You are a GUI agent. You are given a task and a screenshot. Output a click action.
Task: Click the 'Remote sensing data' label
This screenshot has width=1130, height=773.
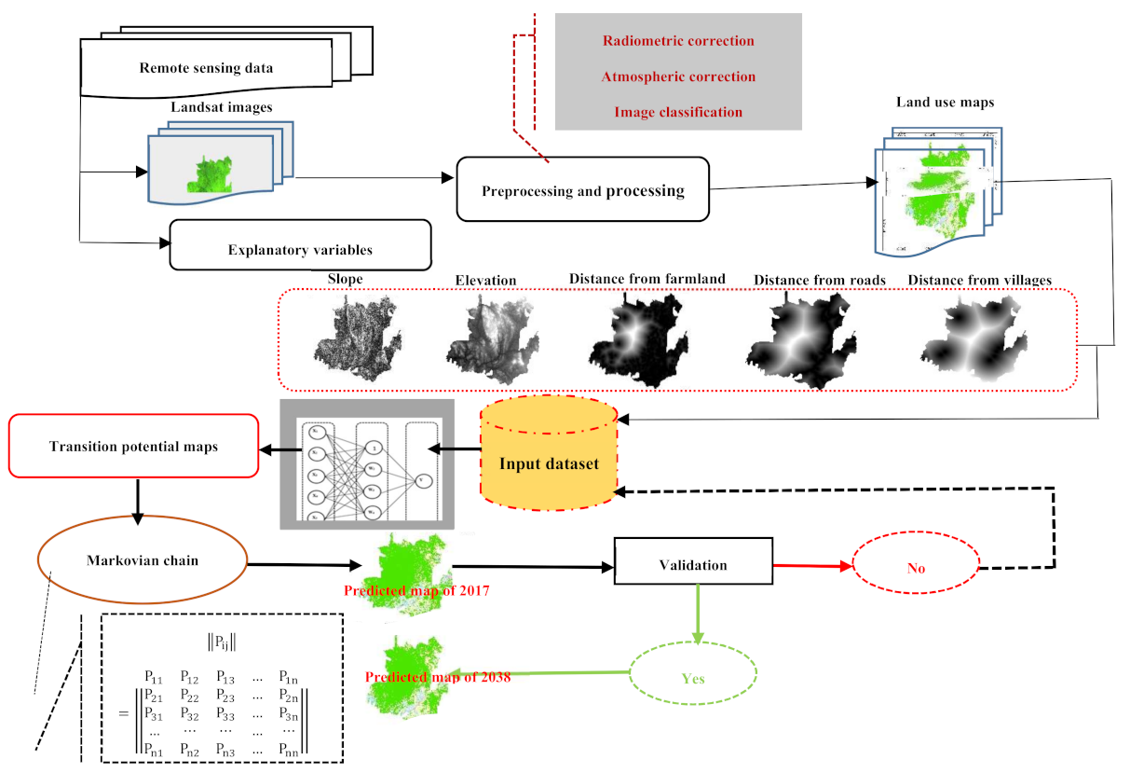pyautogui.click(x=206, y=68)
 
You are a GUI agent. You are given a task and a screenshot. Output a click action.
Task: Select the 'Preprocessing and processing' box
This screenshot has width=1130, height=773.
pyautogui.click(x=582, y=190)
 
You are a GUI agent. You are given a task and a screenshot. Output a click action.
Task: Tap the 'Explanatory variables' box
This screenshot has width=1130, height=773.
pyautogui.click(x=300, y=249)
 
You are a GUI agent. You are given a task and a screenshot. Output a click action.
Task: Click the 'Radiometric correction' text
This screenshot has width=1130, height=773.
pyautogui.click(x=678, y=41)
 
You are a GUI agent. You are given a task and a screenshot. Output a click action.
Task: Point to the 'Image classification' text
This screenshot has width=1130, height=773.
pyautogui.click(x=678, y=112)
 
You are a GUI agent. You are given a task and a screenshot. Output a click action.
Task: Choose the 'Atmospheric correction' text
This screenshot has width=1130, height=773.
pyautogui.click(x=678, y=76)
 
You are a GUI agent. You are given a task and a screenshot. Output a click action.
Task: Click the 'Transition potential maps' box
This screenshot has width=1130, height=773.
pyautogui.click(x=132, y=446)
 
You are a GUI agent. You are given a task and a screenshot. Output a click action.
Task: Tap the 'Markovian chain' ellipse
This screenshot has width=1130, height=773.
pyautogui.click(x=143, y=560)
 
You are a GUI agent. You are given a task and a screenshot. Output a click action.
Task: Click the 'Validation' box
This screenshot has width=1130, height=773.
pyautogui.click(x=693, y=564)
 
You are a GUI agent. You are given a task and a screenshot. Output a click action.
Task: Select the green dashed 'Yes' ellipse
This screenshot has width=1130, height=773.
pyautogui.click(x=692, y=678)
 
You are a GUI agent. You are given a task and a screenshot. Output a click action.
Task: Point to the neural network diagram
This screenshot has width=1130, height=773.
pyautogui.click(x=367, y=463)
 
